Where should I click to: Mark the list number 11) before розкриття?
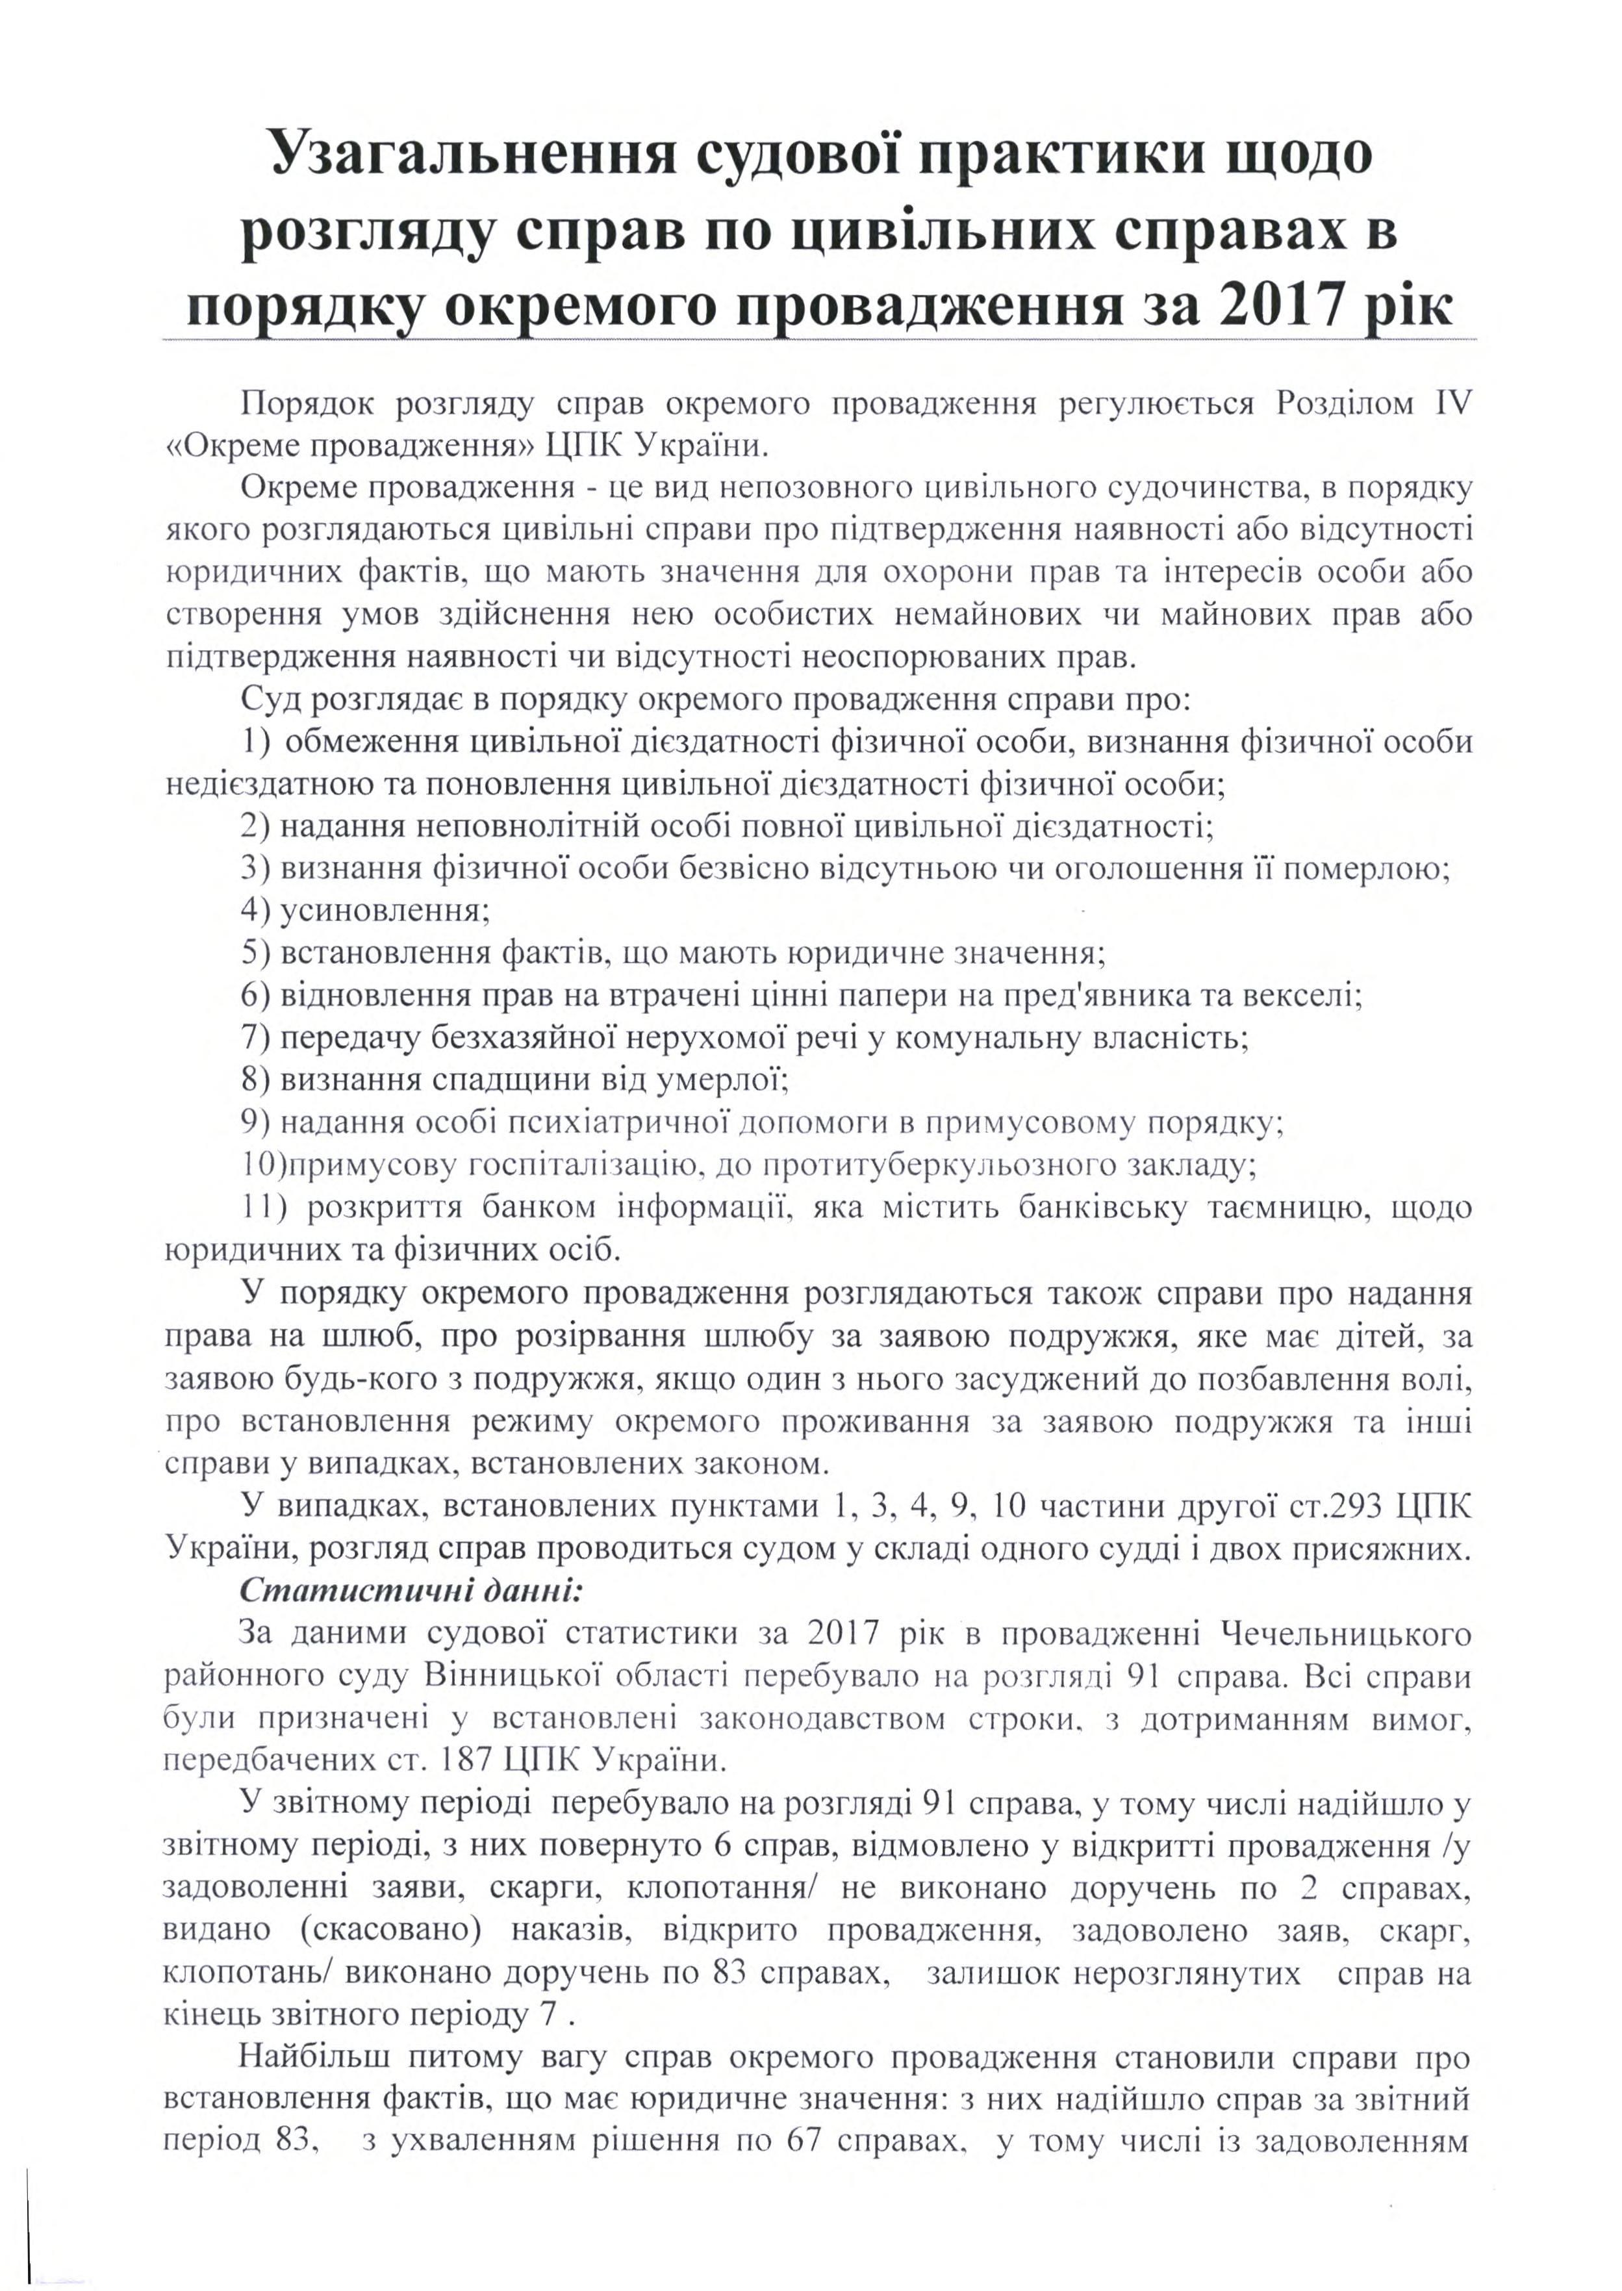click(264, 1208)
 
